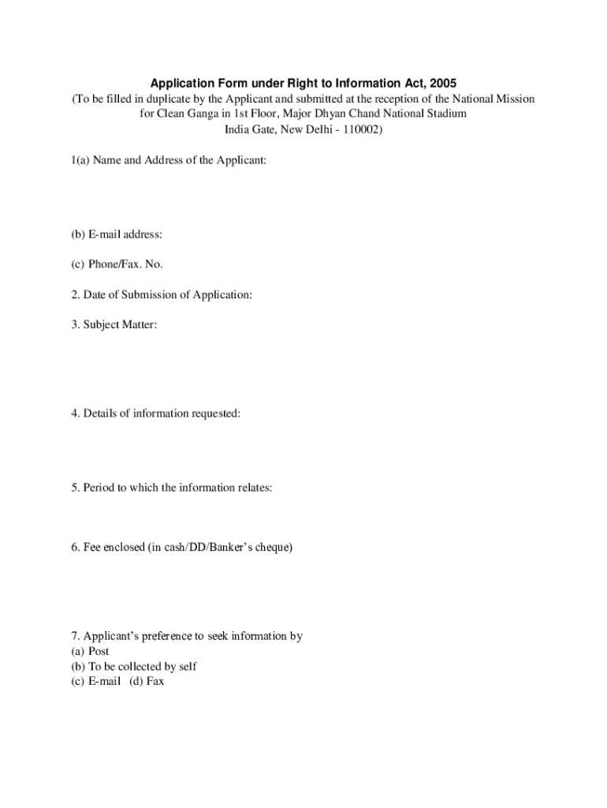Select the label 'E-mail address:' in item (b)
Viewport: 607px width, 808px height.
[x=124, y=234]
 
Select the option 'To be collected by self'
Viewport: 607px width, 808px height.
[x=131, y=666]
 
